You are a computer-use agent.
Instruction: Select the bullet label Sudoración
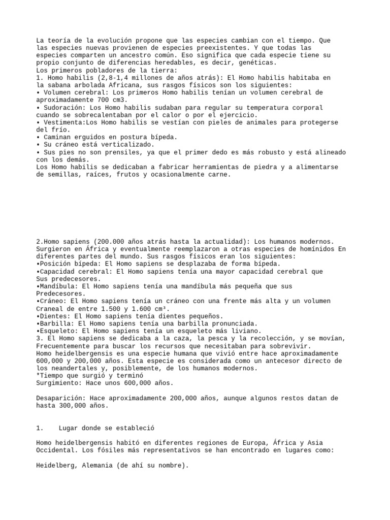click(x=62, y=108)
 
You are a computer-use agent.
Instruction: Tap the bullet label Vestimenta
click(x=62, y=122)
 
